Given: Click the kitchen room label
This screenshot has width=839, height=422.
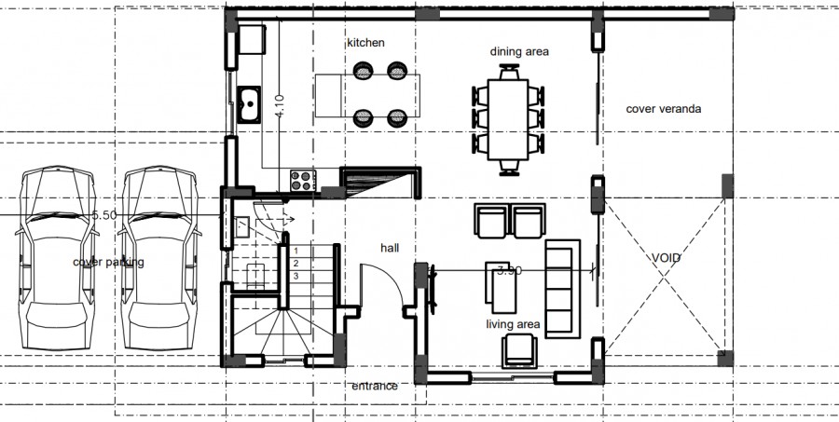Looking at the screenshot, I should pos(365,43).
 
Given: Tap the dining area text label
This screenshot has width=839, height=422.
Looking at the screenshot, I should pos(519,52).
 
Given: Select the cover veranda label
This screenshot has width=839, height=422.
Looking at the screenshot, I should pos(663,109).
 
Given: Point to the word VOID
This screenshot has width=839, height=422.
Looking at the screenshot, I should pos(666,257).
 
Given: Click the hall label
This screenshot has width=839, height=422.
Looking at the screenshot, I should pos(390,248).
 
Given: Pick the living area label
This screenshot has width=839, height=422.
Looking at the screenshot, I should pos(513,324).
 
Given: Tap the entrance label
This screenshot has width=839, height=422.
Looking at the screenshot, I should pos(374,386).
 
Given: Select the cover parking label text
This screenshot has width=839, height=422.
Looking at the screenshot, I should pos(108,263).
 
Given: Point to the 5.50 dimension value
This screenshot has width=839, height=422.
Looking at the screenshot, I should pos(103,215).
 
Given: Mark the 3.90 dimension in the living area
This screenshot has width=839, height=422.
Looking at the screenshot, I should pos(509,270).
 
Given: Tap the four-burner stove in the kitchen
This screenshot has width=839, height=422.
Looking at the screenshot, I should pos(302,180).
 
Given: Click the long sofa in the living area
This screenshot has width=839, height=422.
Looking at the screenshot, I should pos(562,289).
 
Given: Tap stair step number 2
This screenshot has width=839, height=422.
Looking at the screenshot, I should pos(296,264).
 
